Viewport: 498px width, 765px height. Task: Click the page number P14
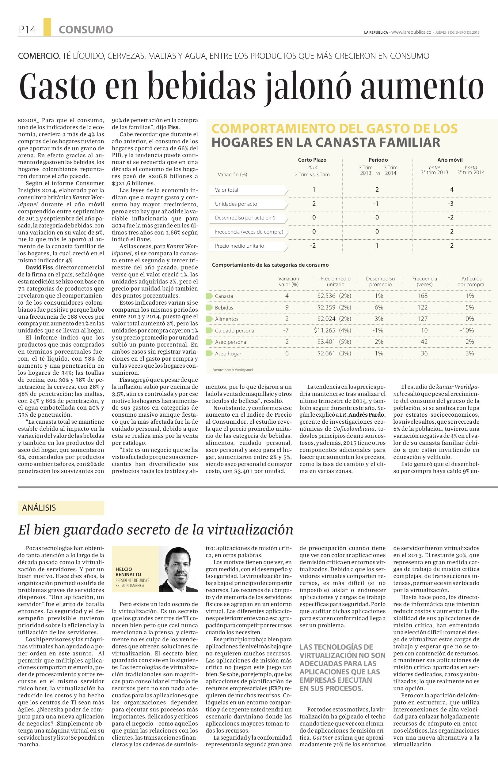click(27, 30)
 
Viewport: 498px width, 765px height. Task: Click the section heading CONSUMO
click(86, 30)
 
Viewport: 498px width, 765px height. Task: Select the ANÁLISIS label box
click(61, 508)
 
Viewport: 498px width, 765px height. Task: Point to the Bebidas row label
click(224, 308)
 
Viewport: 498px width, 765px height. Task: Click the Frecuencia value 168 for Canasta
click(422, 296)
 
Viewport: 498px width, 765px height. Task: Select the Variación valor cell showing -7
click(287, 330)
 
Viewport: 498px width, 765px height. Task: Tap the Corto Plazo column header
click(312, 160)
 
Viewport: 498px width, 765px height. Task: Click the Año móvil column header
click(450, 160)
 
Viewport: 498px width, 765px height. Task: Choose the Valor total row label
click(226, 190)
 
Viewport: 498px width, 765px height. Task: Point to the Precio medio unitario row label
click(239, 246)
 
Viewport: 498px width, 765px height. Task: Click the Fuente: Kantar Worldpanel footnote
click(232, 370)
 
